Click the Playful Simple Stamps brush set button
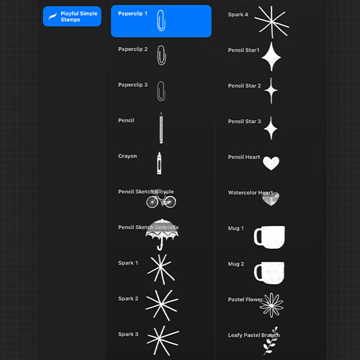(72, 16)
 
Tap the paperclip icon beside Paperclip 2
(161, 55)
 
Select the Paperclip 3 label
(133, 85)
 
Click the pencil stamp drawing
(161, 128)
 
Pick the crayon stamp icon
(159, 163)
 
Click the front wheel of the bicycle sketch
(170, 202)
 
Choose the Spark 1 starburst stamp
(161, 269)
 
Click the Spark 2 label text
(128, 298)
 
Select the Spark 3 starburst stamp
(163, 341)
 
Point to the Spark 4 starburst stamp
(272, 22)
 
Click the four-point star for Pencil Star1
(272, 57)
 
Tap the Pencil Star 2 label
(244, 86)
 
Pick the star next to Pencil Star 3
(271, 128)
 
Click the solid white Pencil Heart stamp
(271, 163)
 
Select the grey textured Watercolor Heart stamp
(271, 199)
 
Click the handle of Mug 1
(257, 237)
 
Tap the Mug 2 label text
(236, 264)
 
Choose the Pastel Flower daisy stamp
(272, 305)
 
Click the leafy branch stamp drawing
(271, 341)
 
